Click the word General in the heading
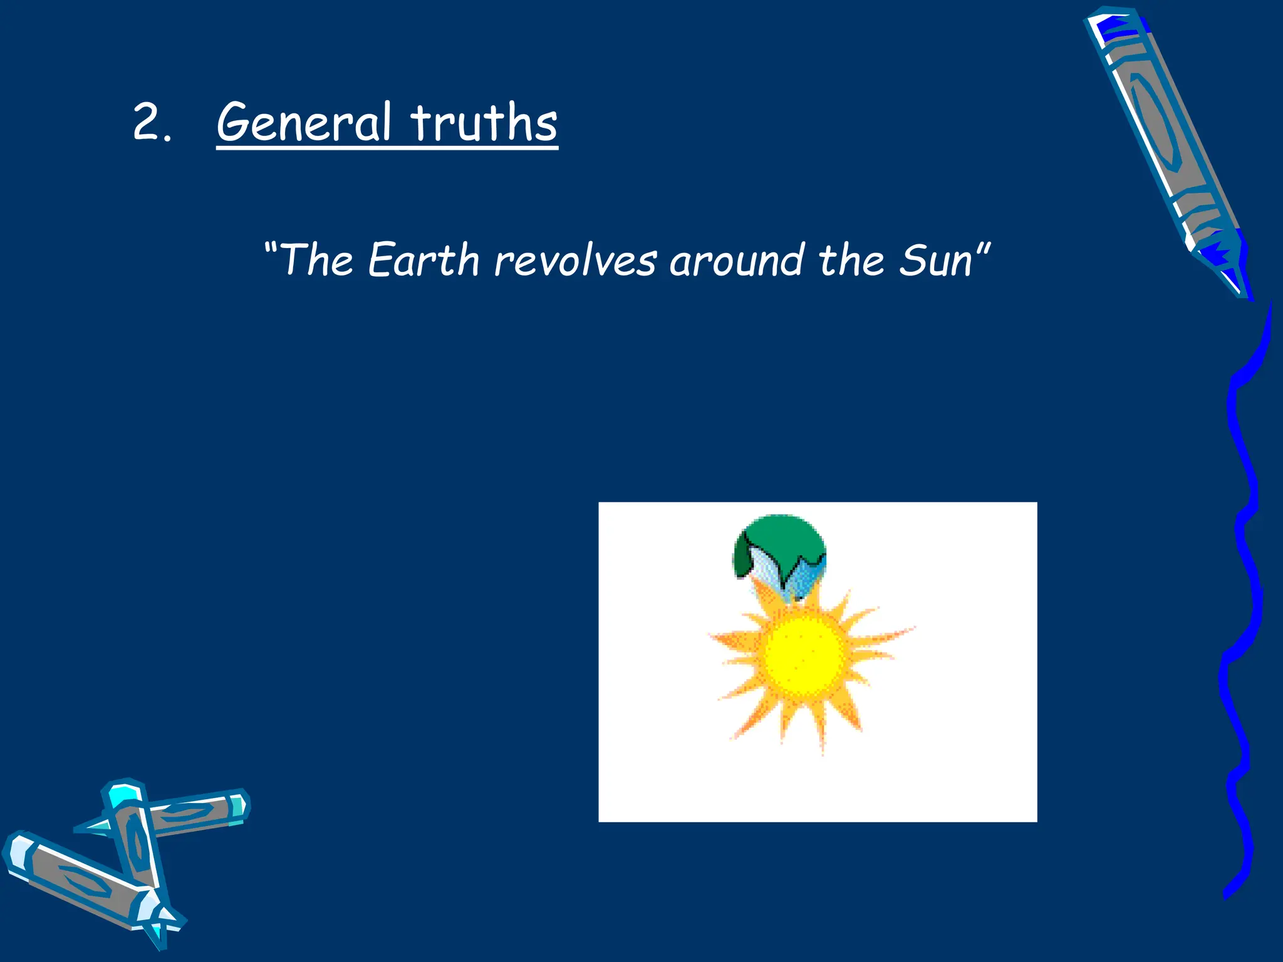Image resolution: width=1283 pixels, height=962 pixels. pyautogui.click(x=304, y=122)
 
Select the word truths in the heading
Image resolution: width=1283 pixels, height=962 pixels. pyautogui.click(x=484, y=122)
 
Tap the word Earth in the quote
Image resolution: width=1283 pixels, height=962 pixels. pyautogui.click(x=423, y=260)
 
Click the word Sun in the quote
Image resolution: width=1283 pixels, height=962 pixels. pyautogui.click(x=935, y=260)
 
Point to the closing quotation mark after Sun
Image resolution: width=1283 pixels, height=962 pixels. pyautogui.click(x=983, y=247)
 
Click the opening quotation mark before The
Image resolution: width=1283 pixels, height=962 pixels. pyautogui.click(x=271, y=247)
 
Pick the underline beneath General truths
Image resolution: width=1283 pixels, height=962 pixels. pyautogui.click(x=387, y=148)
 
